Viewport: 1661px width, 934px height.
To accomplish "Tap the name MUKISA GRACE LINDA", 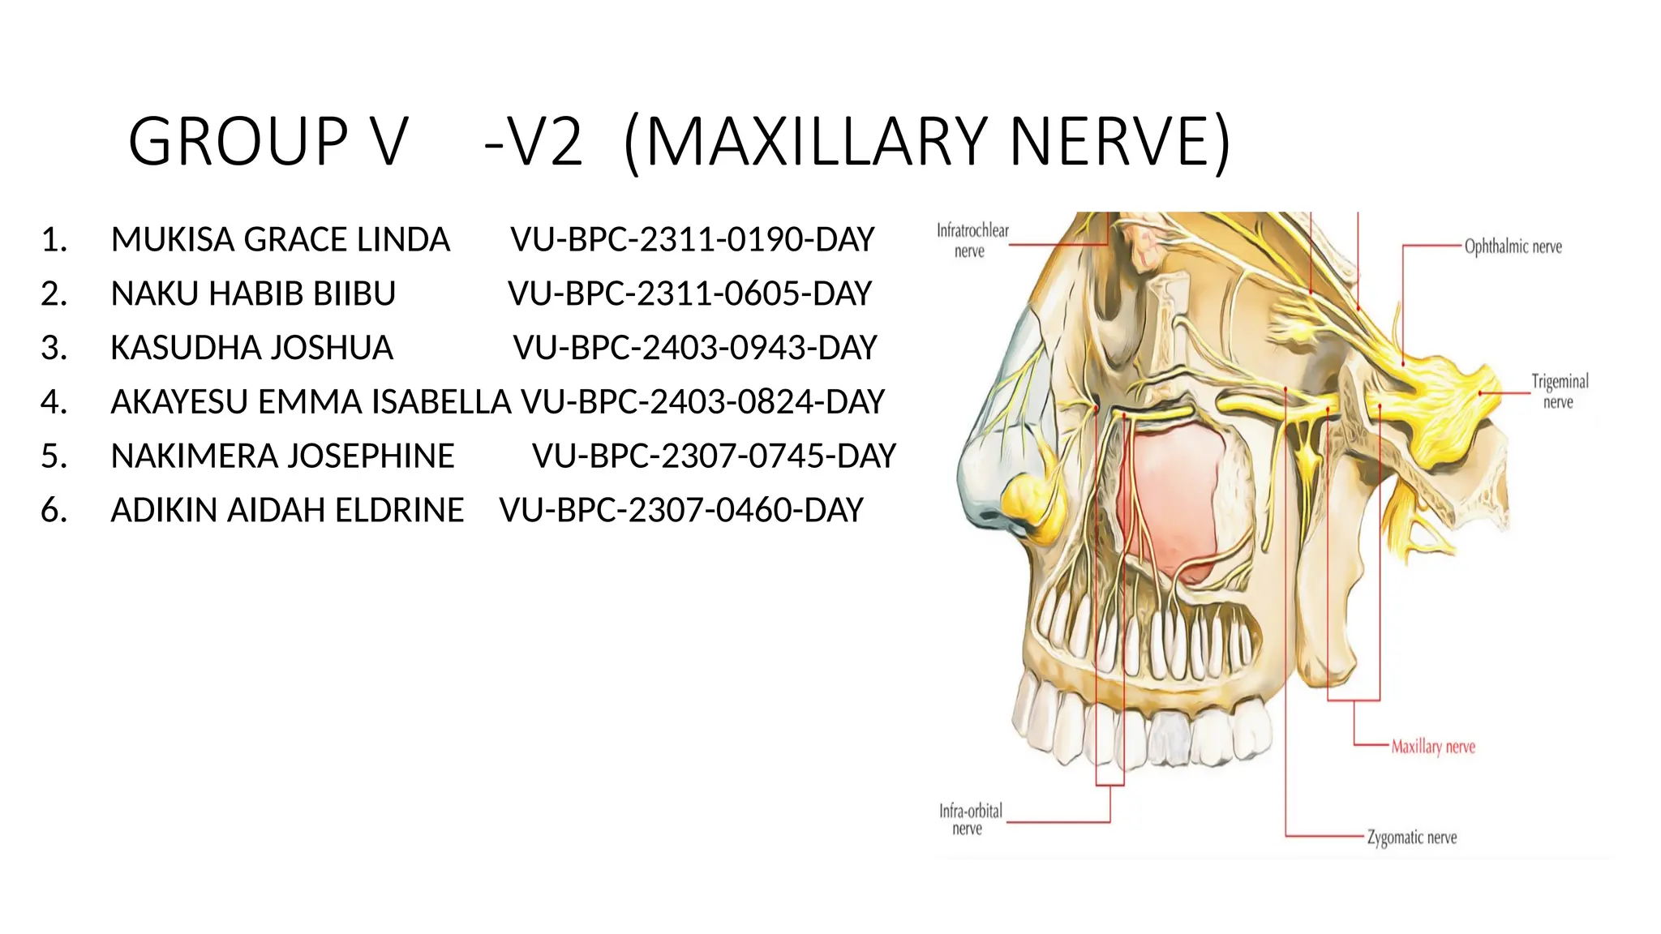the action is pos(280,240).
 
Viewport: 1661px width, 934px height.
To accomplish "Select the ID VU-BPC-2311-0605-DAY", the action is pos(689,293).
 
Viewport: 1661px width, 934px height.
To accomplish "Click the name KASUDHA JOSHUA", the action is pos(251,348).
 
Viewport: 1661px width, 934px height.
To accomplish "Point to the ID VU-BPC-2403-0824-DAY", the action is pos(702,402).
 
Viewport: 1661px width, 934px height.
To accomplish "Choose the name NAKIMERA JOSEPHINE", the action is pos(282,456).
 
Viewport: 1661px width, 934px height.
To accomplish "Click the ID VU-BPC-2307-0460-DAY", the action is pos(681,511).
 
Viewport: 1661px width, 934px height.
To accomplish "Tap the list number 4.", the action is pos(54,402).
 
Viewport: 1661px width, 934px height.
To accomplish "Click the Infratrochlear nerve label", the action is pos(972,241).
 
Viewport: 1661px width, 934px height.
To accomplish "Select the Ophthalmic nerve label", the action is pos(1513,246).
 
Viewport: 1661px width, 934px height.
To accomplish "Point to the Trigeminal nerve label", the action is pos(1559,392).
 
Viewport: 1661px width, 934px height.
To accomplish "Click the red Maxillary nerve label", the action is pos(1433,747).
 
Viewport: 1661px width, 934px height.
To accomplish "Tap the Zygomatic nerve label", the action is pos(1411,838).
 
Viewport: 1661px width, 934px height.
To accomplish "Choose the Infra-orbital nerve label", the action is pos(970,819).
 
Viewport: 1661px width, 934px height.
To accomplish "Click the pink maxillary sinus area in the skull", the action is pos(1172,495).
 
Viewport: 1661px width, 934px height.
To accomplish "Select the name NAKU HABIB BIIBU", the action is pos(253,293).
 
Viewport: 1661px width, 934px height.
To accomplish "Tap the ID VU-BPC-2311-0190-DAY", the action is pos(693,240).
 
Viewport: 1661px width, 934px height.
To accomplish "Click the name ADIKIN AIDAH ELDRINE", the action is pos(287,511).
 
